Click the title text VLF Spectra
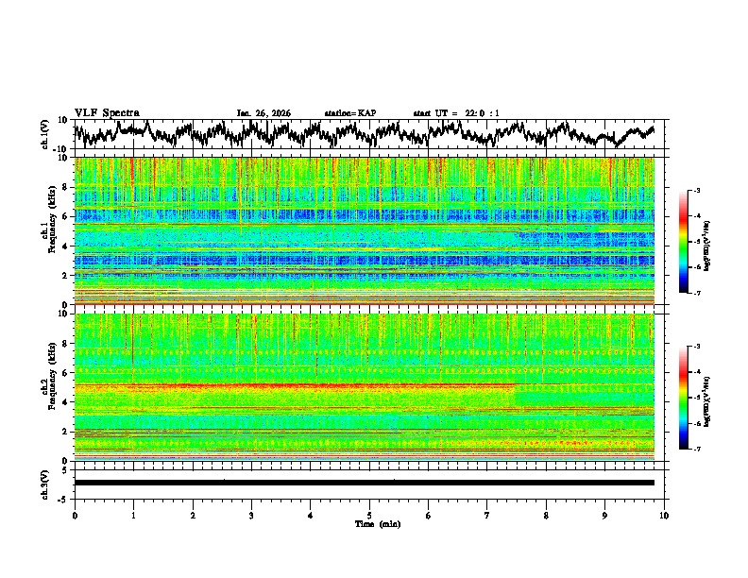click(x=107, y=112)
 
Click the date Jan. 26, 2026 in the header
click(x=263, y=113)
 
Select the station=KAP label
click(x=349, y=113)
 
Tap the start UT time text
click(x=456, y=113)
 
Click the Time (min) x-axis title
click(x=369, y=523)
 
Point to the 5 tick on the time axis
click(x=369, y=515)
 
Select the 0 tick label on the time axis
click(x=75, y=515)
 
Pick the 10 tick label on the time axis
click(x=664, y=515)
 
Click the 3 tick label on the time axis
click(x=251, y=515)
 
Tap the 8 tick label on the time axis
click(x=546, y=515)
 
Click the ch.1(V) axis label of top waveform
click(x=44, y=134)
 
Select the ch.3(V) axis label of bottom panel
click(x=44, y=483)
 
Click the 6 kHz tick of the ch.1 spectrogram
click(x=65, y=216)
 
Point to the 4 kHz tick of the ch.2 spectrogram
click(x=65, y=401)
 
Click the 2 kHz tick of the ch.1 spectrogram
click(x=65, y=275)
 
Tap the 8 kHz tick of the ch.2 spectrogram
click(x=65, y=343)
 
